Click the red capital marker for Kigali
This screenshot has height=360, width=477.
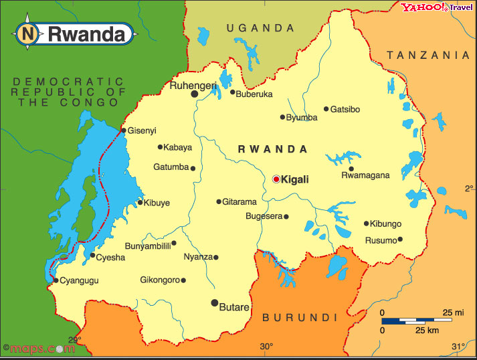[276, 179]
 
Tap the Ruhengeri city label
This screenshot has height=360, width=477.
[193, 86]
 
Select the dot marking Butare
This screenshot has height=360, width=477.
[215, 303]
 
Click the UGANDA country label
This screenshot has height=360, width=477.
[260, 28]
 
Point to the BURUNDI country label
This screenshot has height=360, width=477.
[299, 317]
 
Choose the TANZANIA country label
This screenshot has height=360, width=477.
[428, 55]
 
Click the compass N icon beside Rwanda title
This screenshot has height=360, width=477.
[27, 33]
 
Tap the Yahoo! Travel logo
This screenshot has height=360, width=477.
[436, 8]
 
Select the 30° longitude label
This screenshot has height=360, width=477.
[266, 347]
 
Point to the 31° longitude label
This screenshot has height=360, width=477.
[458, 347]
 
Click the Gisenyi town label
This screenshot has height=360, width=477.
[142, 130]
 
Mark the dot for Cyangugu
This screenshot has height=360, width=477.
[56, 280]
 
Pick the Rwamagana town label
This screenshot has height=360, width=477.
[365, 176]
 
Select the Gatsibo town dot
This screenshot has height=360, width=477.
[326, 109]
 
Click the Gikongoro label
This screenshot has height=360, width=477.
[160, 280]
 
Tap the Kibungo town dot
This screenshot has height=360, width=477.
[366, 223]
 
